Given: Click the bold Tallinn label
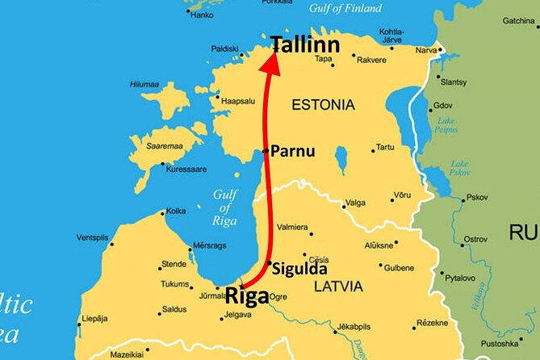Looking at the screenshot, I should (x=305, y=44).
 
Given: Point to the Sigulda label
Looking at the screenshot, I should (x=300, y=270).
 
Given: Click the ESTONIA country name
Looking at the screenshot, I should (x=322, y=105).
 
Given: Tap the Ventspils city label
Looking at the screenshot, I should (x=93, y=237).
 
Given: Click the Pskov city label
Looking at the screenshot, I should (x=478, y=196).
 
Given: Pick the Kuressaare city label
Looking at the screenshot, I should (x=186, y=170).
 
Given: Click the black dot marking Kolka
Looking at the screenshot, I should (x=162, y=213).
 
